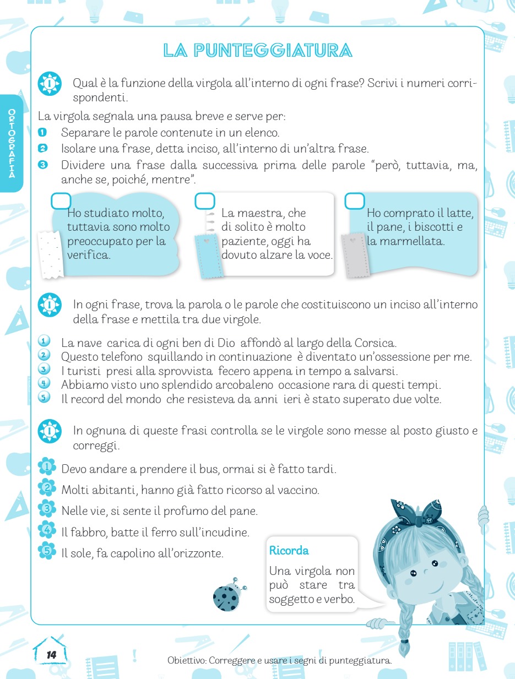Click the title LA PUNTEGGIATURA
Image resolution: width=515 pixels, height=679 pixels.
coord(257,51)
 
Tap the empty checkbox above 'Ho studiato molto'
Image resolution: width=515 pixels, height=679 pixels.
coord(61,201)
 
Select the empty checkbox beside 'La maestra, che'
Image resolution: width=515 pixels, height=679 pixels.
coord(205,201)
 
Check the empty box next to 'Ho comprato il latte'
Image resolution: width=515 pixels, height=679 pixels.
coord(355,201)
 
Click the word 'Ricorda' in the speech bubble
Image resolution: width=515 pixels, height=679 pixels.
coord(289,550)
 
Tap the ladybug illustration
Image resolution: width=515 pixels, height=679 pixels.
coord(227,596)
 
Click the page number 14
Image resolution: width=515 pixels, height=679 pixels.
coord(51,655)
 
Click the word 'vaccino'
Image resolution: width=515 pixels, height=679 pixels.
coord(300,490)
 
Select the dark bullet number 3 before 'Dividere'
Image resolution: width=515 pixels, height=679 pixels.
coord(42,165)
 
